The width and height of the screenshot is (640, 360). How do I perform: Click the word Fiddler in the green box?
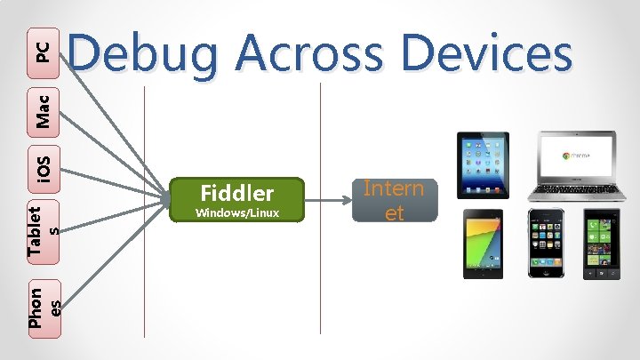coord(237,192)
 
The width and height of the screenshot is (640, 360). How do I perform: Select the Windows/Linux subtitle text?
coord(237,213)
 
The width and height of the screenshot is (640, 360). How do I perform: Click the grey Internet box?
coord(394,201)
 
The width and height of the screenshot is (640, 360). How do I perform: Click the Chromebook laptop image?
coord(579,167)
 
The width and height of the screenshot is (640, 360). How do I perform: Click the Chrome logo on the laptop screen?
coord(566,155)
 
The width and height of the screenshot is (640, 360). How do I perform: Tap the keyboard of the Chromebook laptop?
coord(579,189)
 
